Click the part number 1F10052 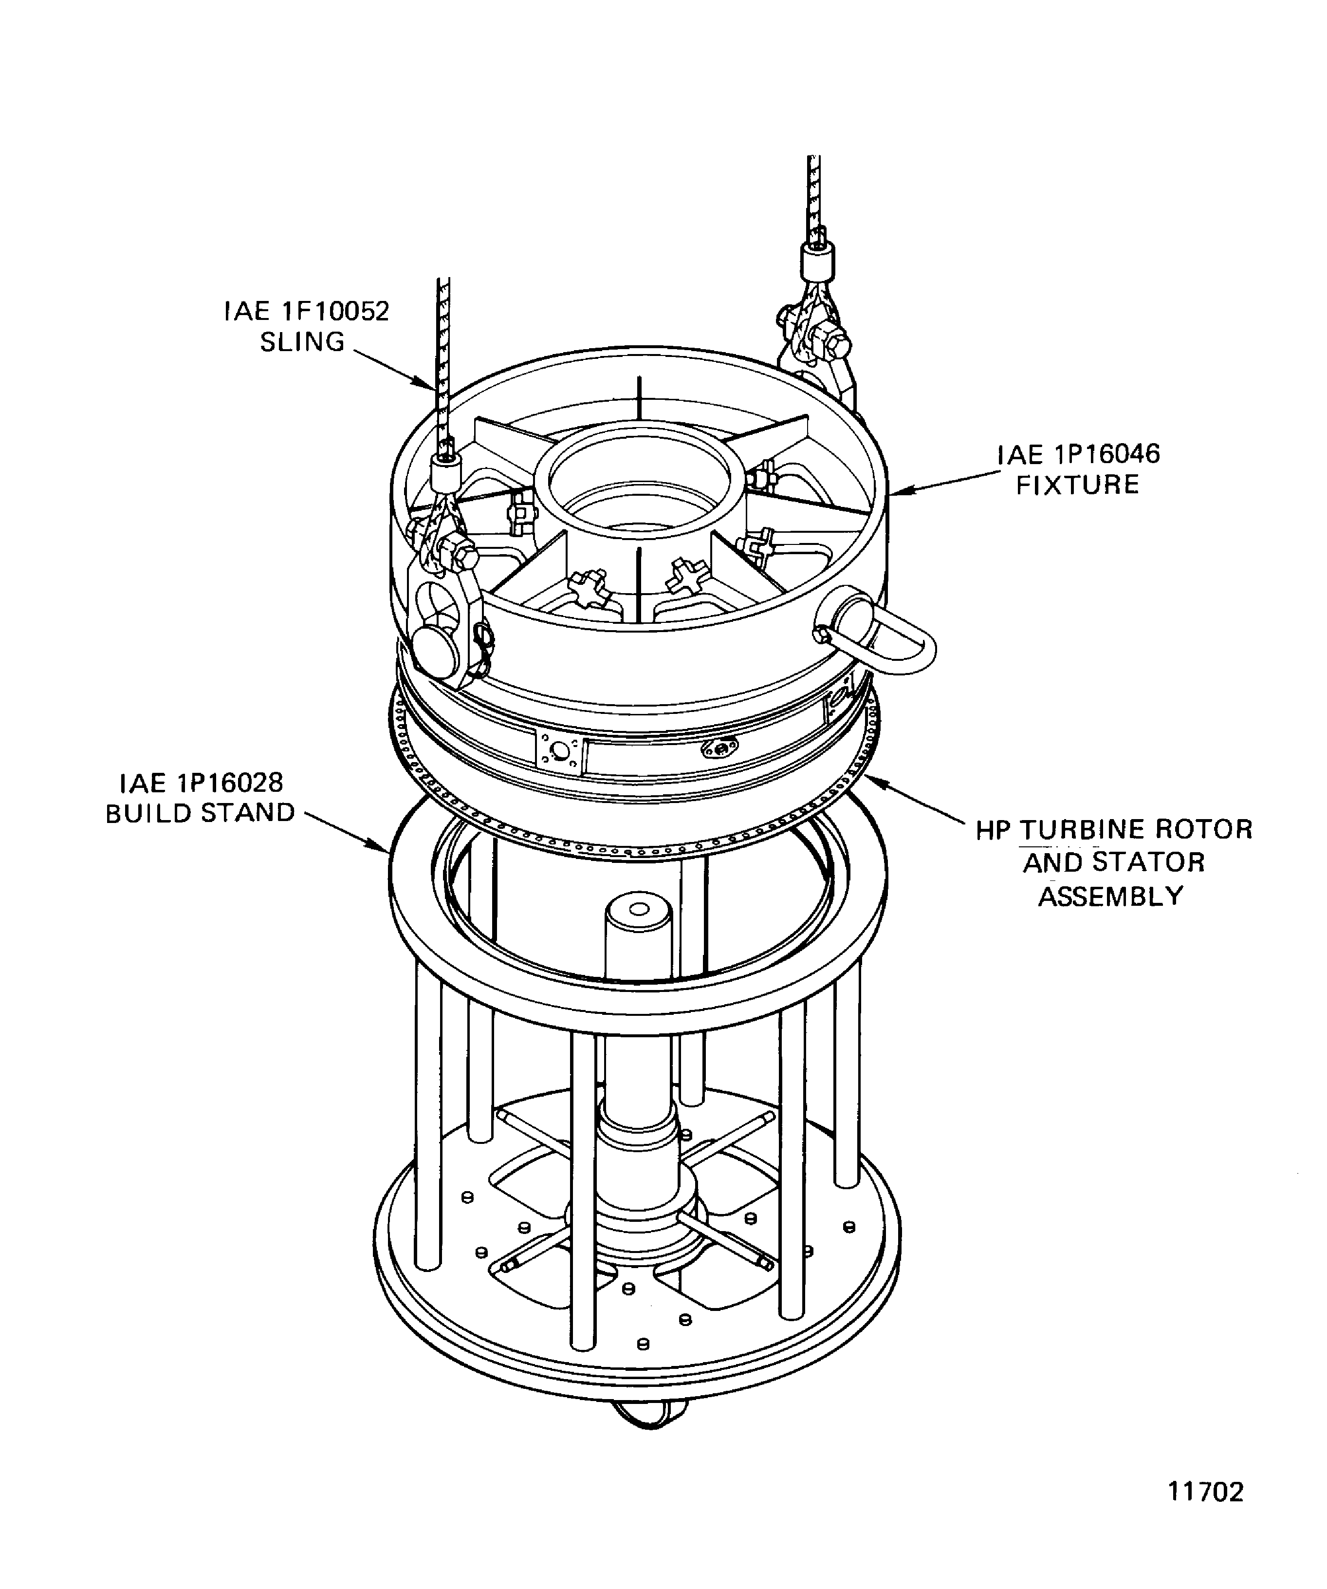coord(335,311)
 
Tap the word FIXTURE coord(1077,484)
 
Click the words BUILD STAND coord(200,813)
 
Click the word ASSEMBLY coord(1110,896)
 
